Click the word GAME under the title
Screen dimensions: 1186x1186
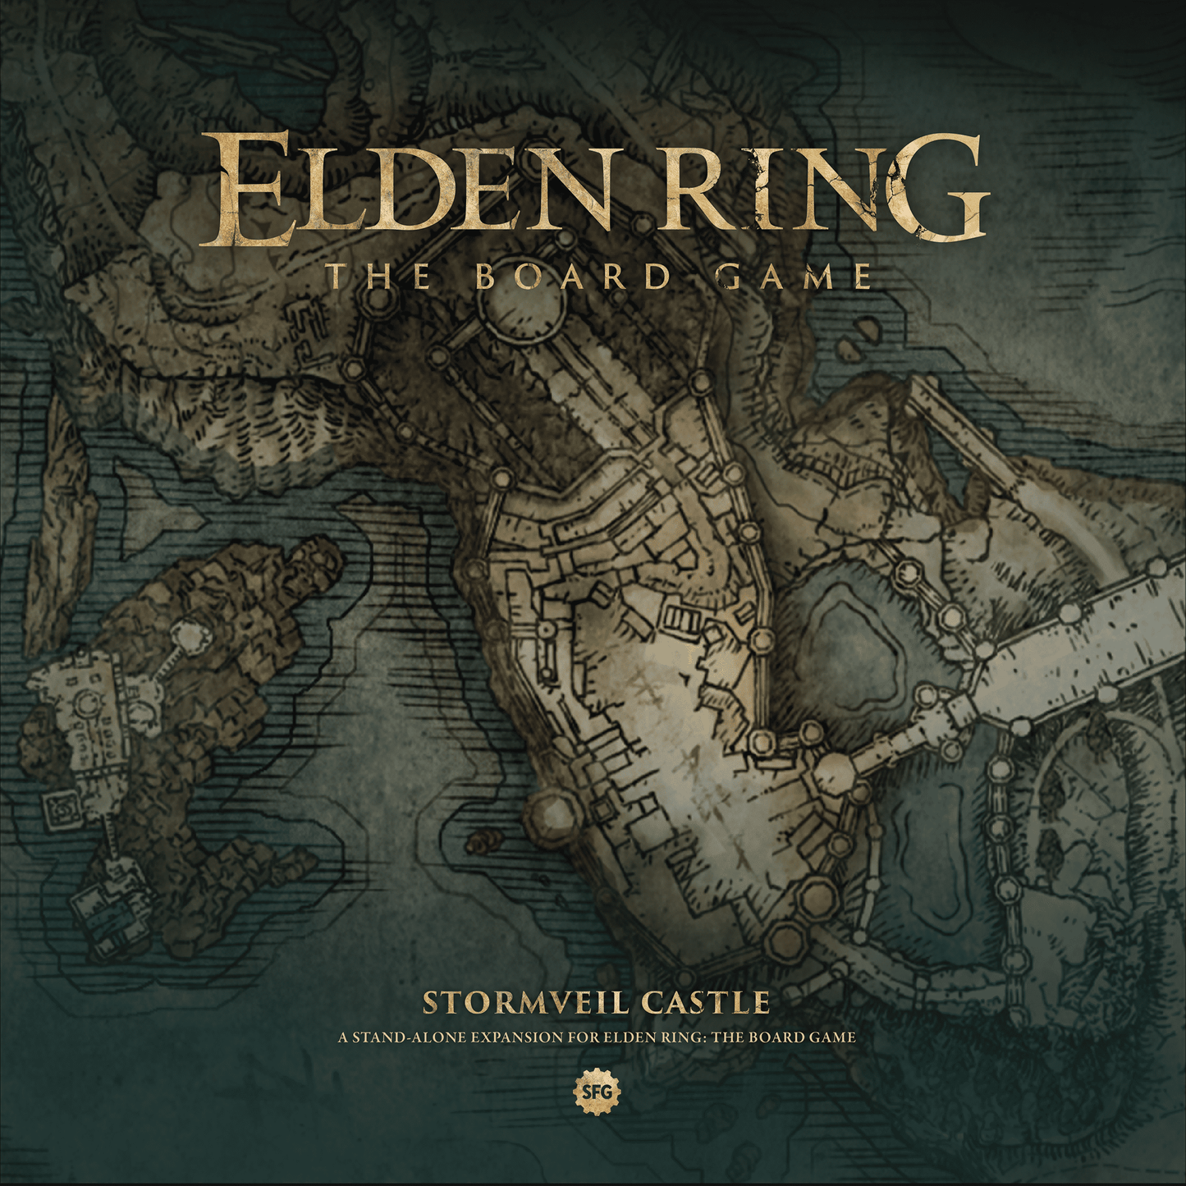(x=793, y=277)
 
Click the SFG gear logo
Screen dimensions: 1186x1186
(x=596, y=1092)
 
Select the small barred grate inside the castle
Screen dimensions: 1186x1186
(x=680, y=617)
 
